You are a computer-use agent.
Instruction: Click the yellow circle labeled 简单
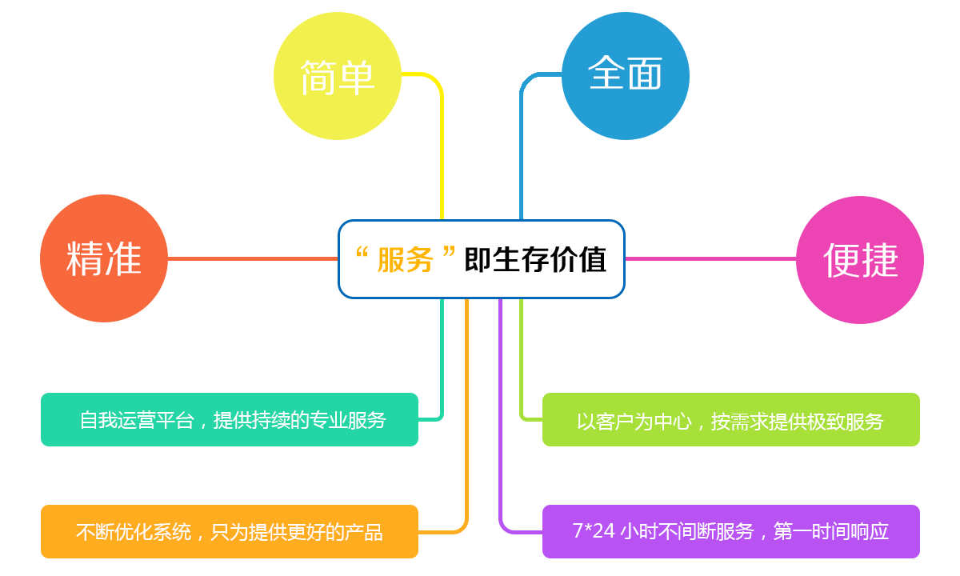(337, 77)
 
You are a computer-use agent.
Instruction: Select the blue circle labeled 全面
(625, 75)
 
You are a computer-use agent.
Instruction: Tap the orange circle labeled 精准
(104, 258)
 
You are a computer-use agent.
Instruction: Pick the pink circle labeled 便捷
(860, 260)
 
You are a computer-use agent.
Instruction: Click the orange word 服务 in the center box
(406, 260)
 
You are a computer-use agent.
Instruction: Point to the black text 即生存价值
(535, 260)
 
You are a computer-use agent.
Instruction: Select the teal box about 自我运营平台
(230, 419)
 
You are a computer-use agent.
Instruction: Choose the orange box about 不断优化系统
(230, 531)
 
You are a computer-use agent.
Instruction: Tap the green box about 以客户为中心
(730, 420)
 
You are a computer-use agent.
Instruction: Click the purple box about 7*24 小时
(730, 531)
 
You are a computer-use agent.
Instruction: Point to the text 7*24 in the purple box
(594, 531)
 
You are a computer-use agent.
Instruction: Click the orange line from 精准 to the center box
(252, 258)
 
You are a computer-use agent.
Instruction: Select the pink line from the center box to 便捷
(710, 258)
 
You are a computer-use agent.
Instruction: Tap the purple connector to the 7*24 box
(501, 416)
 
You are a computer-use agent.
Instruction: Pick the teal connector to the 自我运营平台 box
(442, 360)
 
